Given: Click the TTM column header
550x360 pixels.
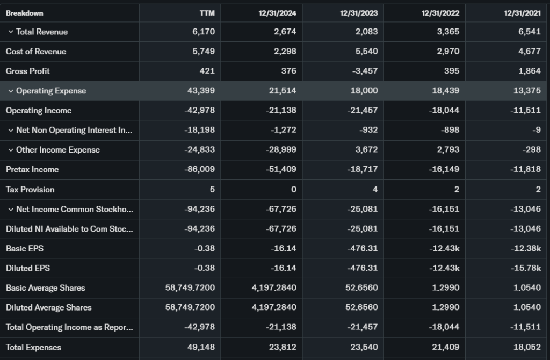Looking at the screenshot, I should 207,13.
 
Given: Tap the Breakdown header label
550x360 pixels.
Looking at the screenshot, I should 25,13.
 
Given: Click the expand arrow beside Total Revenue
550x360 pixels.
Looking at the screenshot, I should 10,32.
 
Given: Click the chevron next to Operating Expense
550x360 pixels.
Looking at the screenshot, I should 10,91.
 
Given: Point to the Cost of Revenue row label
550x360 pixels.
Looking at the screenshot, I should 36,52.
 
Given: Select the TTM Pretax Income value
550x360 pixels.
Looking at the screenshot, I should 201,169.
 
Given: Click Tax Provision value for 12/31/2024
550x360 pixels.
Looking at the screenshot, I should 293,189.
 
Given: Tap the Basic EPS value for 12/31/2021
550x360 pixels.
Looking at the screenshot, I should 526,248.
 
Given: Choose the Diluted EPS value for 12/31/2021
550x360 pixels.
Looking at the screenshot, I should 526,268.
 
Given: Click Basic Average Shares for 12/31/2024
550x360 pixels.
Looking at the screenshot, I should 274,288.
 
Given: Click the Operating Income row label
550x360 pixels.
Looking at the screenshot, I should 39,111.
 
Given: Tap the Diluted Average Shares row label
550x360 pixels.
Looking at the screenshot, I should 49,308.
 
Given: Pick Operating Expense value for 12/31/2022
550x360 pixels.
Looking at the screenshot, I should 446,91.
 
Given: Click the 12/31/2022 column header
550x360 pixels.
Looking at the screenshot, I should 439,13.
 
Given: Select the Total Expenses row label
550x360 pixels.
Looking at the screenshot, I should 34,347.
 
